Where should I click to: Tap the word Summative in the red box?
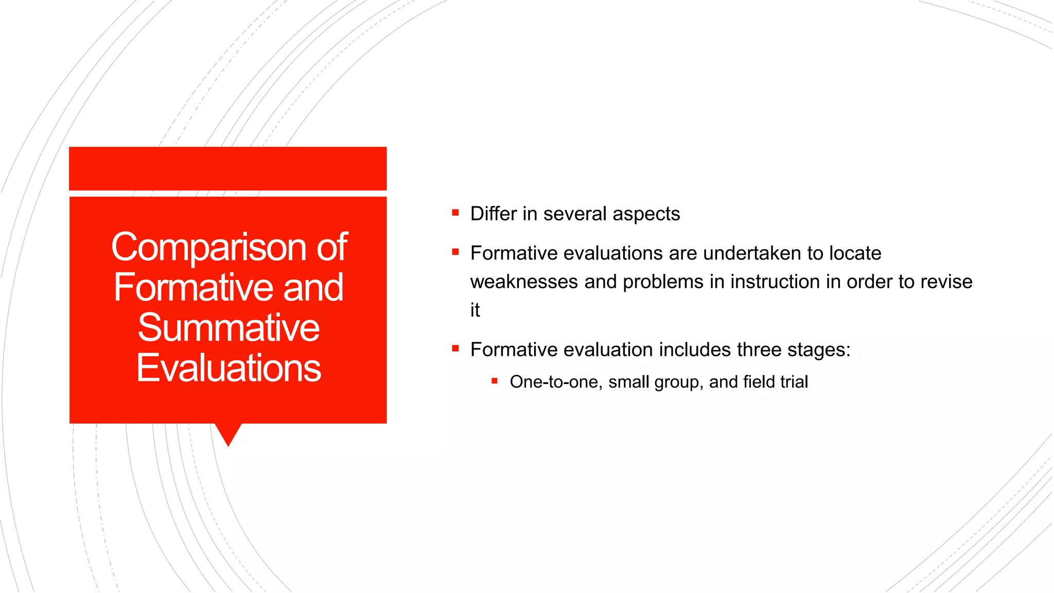pyautogui.click(x=229, y=328)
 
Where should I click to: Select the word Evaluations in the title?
pyautogui.click(x=229, y=368)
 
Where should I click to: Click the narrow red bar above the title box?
pyautogui.click(x=227, y=168)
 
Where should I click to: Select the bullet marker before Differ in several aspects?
pyautogui.click(x=455, y=213)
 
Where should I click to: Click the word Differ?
pyautogui.click(x=493, y=214)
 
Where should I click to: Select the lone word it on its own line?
pyautogui.click(x=475, y=310)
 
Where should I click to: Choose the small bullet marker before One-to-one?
pyautogui.click(x=495, y=381)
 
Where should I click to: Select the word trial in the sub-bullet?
pyautogui.click(x=794, y=382)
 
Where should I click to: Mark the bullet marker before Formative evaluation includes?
pyautogui.click(x=455, y=348)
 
